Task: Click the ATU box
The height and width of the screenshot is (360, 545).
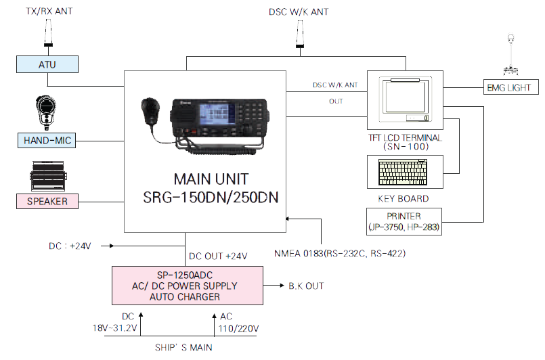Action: click(47, 64)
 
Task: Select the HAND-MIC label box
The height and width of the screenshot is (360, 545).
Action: click(47, 141)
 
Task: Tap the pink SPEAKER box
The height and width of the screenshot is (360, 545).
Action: click(47, 201)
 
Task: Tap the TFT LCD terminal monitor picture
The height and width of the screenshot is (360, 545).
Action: click(404, 99)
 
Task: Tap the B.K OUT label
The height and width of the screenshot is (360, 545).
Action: click(306, 286)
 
